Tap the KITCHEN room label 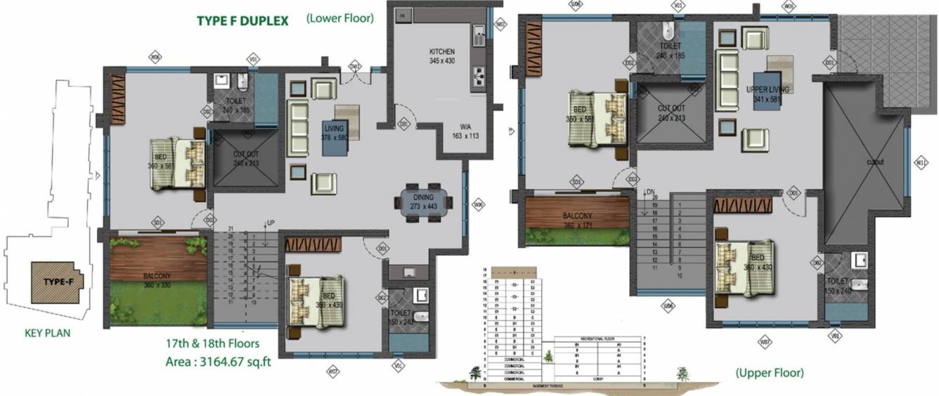click(442, 57)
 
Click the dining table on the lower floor click(423, 202)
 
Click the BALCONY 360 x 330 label click(157, 281)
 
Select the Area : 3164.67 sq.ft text click(209, 362)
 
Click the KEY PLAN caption click(46, 334)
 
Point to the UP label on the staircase click(270, 223)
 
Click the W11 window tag click(922, 164)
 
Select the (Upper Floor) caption click(770, 373)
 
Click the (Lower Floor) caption click(339, 19)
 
